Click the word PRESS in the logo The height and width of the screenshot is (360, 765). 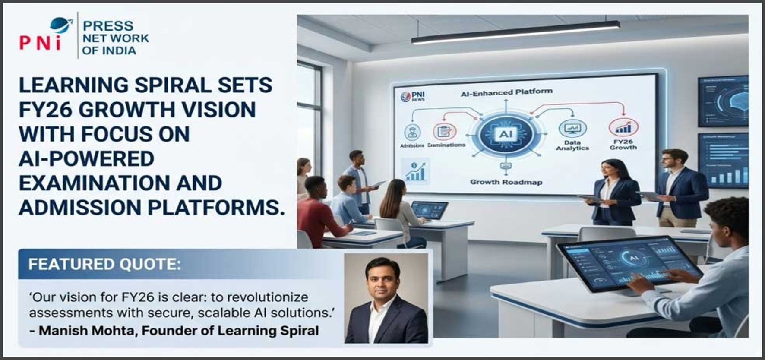pos(108,26)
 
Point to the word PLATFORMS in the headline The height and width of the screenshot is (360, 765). pos(216,208)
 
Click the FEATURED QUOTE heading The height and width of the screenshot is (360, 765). pos(104,264)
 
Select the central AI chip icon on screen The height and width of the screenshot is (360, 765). pos(506,134)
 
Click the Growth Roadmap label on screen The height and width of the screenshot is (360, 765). pos(506,182)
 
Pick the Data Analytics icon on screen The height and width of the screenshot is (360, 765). pos(572,129)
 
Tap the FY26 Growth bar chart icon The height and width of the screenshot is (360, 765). pos(623,127)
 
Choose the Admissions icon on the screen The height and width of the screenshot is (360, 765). pos(412,133)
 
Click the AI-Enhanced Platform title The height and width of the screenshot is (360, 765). pos(506,92)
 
